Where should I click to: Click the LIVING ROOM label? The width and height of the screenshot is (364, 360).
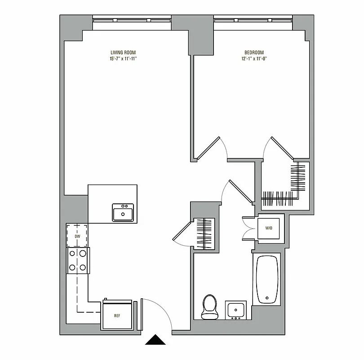123,52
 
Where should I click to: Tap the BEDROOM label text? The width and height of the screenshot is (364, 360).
254,52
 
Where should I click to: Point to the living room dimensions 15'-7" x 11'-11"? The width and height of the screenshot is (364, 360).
123,58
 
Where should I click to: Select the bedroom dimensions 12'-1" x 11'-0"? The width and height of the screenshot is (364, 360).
254,58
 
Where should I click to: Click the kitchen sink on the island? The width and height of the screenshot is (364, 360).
123,212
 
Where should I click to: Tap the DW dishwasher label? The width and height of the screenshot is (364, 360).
77,236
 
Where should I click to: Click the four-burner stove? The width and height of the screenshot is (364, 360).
77,261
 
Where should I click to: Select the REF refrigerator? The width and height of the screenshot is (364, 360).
117,315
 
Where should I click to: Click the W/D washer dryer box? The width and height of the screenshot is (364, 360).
269,228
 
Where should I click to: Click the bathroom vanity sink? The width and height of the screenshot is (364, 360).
235,310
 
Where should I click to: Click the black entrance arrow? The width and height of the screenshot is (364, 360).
156,340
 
